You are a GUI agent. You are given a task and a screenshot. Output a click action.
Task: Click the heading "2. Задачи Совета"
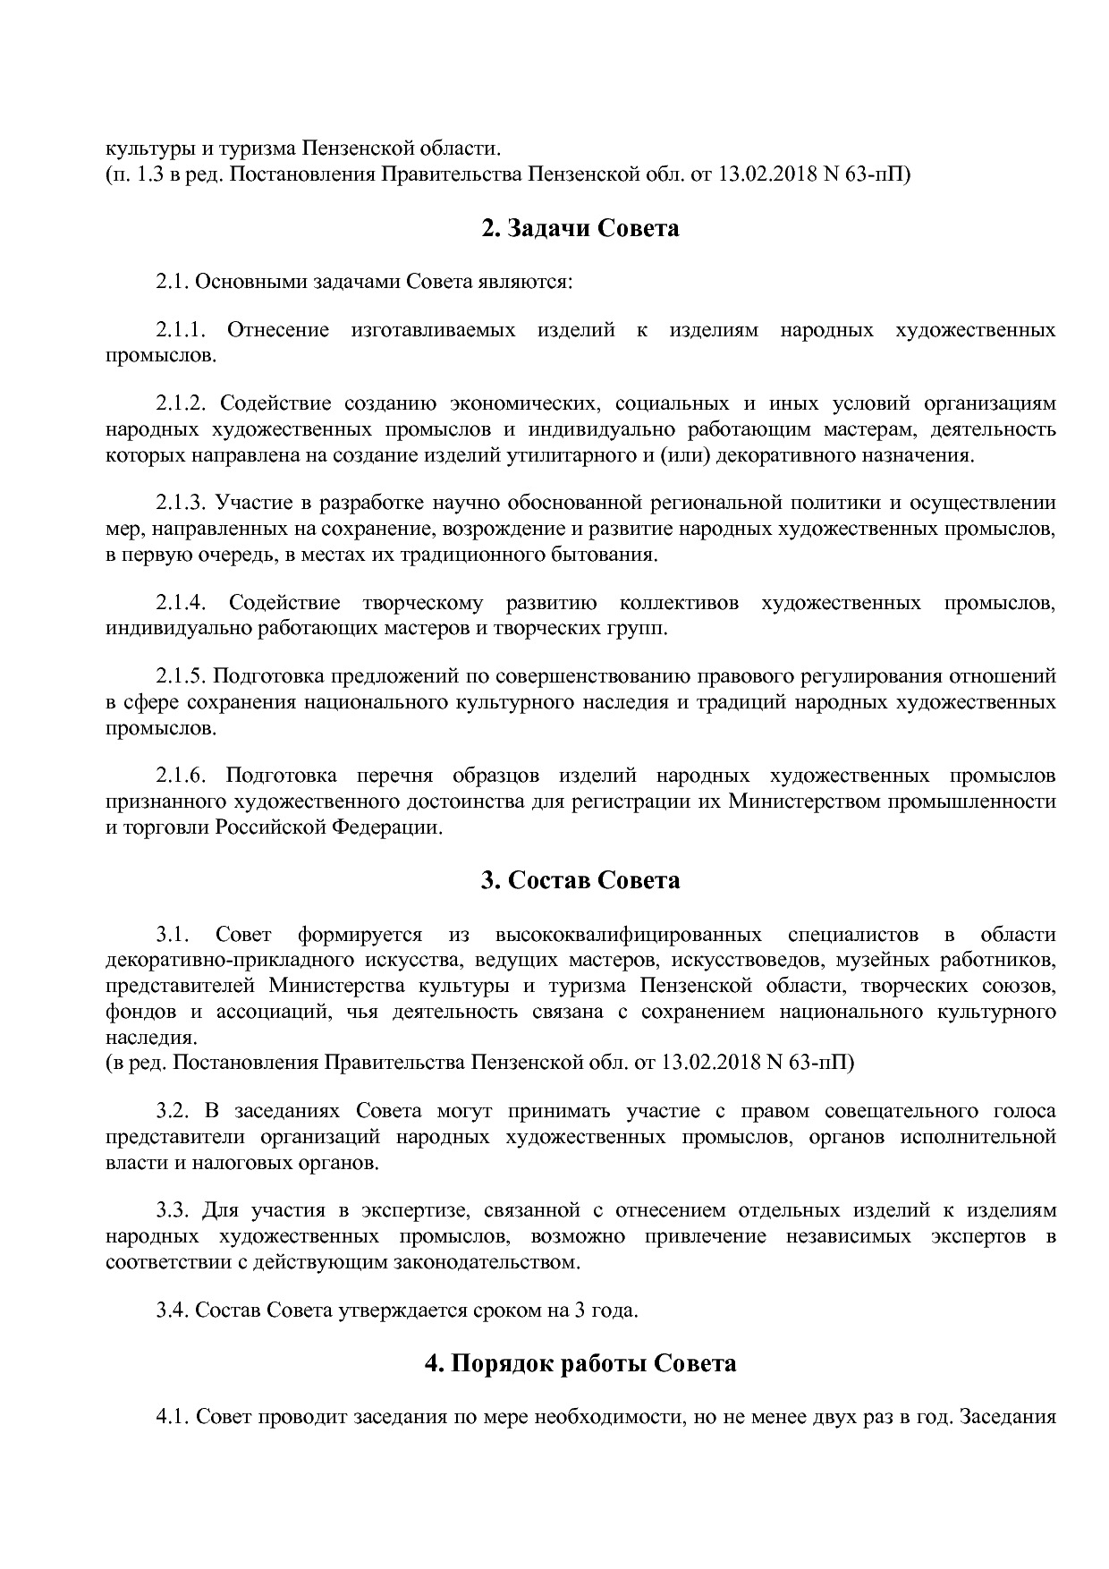click(580, 229)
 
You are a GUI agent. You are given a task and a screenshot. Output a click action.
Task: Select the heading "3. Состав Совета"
click(580, 881)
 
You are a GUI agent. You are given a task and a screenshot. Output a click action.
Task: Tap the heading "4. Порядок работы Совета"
click(580, 1363)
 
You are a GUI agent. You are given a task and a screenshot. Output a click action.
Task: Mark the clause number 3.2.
click(172, 1112)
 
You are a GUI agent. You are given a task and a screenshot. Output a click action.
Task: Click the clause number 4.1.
click(172, 1418)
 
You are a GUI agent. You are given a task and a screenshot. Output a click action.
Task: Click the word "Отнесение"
click(278, 330)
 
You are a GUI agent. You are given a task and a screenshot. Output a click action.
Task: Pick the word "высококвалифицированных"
click(628, 936)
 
